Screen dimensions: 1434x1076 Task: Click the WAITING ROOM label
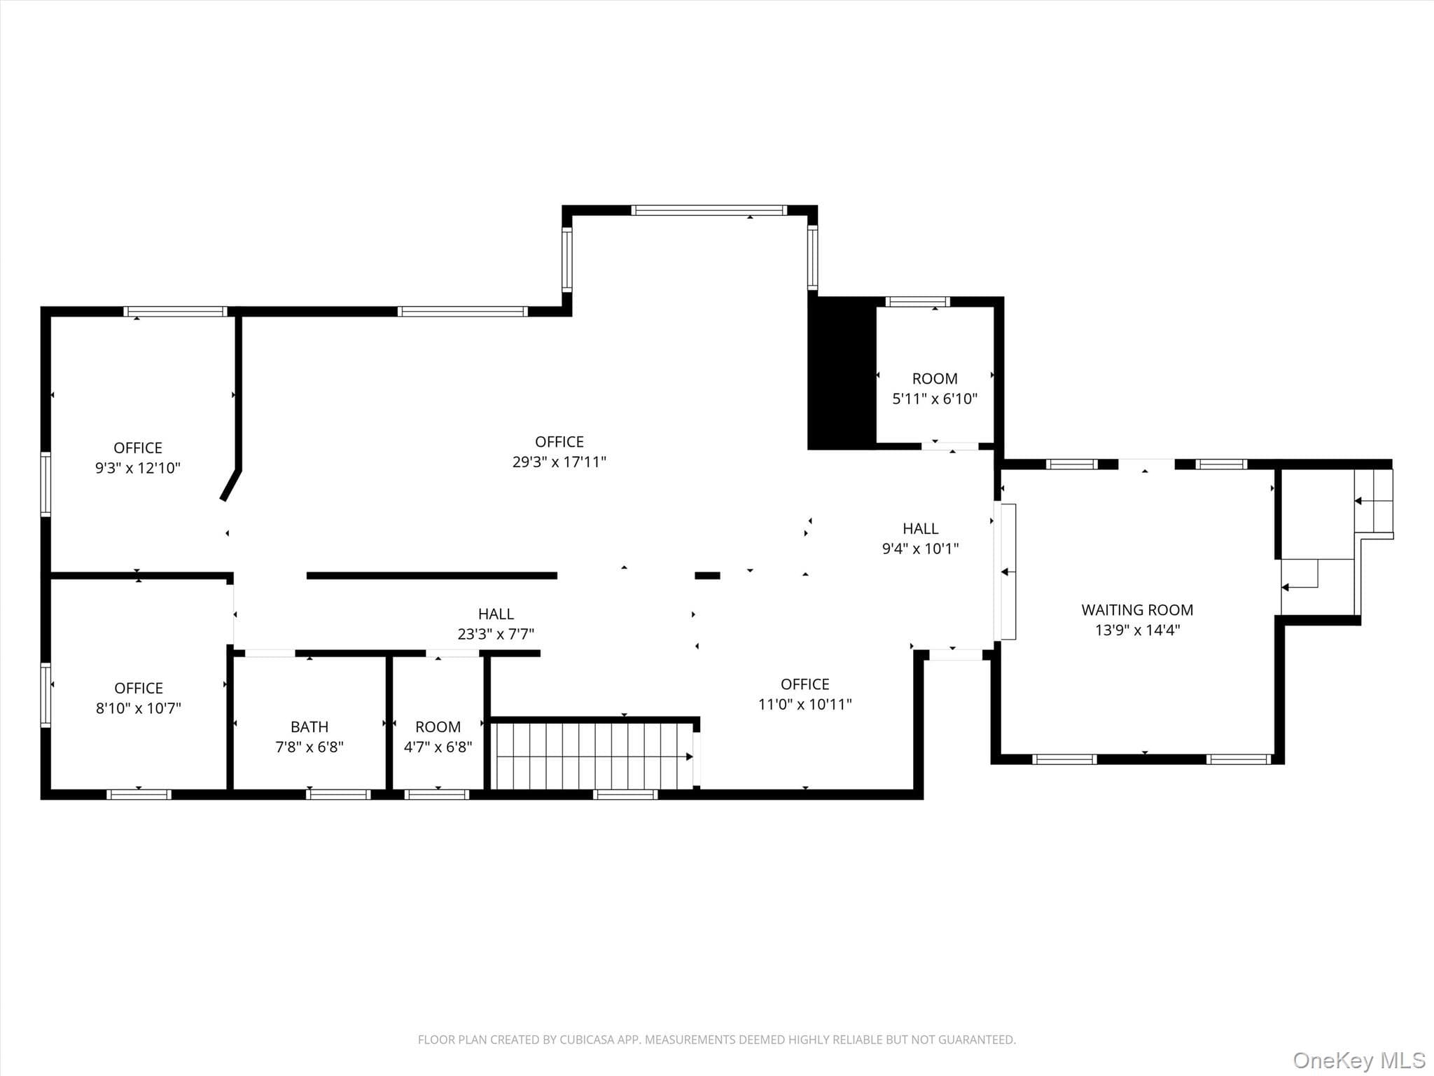[x=1137, y=610]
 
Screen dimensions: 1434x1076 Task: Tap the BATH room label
[x=309, y=727]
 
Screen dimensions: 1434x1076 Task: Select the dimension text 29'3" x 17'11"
[x=559, y=462]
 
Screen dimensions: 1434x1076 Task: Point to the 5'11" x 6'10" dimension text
[x=935, y=399]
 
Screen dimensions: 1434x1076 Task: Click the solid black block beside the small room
[x=842, y=373]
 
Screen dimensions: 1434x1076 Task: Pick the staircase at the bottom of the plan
[x=594, y=756]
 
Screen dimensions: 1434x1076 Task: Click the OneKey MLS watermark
[x=1359, y=1060]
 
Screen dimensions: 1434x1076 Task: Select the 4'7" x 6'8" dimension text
[x=438, y=747]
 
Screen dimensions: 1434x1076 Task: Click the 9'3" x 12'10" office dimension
[x=138, y=468]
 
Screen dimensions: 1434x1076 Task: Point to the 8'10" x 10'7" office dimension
[x=139, y=708]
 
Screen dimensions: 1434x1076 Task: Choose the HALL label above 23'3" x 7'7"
[x=496, y=614]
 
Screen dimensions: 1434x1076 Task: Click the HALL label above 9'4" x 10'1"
[x=921, y=529]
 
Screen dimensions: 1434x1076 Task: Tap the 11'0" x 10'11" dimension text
[x=805, y=704]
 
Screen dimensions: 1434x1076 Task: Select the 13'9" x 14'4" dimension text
[x=1137, y=630]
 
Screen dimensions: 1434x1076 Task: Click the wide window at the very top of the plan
[x=709, y=210]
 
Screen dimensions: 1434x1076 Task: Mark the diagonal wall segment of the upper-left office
[x=230, y=485]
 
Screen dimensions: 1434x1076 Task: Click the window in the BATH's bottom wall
[x=338, y=794]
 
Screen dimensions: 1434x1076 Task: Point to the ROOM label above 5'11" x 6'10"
[x=935, y=379]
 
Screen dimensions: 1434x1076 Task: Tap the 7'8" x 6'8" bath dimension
[x=309, y=747]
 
